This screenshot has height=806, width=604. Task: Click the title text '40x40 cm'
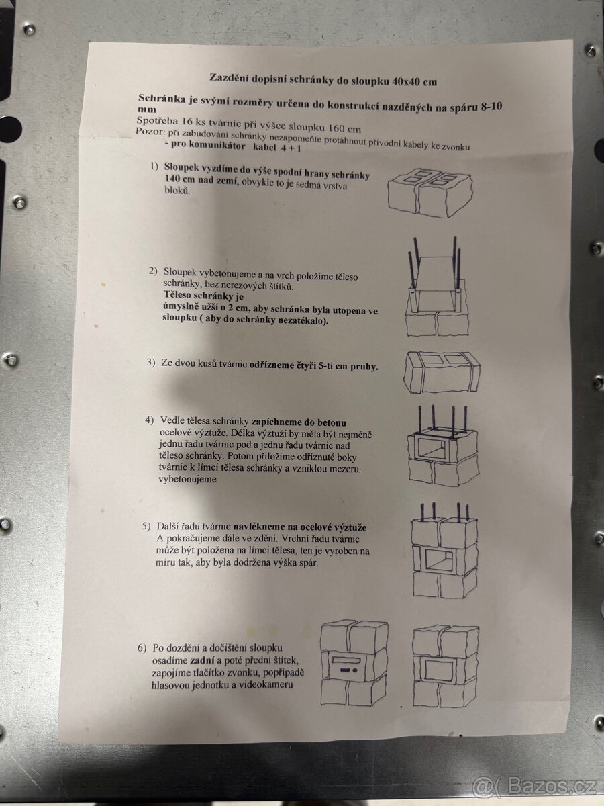click(414, 81)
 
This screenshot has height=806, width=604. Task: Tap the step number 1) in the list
click(154, 167)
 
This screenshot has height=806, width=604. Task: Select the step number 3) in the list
click(151, 363)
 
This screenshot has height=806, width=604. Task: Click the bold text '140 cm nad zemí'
click(201, 180)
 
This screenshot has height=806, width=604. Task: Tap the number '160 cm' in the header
click(345, 128)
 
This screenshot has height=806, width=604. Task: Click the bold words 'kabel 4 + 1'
click(277, 148)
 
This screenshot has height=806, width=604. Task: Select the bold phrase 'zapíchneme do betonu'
click(299, 422)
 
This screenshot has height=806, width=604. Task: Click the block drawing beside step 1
click(430, 193)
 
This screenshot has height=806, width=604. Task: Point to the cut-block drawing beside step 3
click(442, 372)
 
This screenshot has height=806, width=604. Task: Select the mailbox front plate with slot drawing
click(348, 668)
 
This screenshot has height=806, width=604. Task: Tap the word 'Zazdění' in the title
click(228, 77)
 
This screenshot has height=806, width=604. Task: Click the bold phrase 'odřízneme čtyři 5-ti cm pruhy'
click(313, 366)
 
